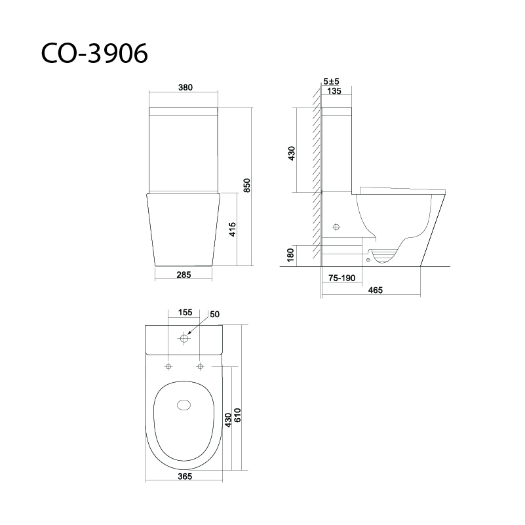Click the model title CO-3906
[x=94, y=53]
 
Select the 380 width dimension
[x=185, y=87]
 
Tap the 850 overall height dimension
[x=246, y=185]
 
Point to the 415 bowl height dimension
[x=233, y=229]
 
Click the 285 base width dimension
[x=184, y=275]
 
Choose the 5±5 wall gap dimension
[x=331, y=81]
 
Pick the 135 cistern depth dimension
[x=334, y=91]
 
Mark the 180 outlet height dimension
[x=290, y=255]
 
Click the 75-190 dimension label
[x=341, y=279]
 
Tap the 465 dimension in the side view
[x=375, y=290]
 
